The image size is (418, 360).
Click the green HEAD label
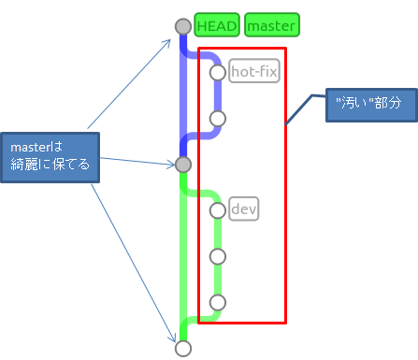pos(217,25)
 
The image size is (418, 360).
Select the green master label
pos(272,25)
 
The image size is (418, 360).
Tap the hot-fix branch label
pos(254,71)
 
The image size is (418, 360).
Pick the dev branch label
pos(243,209)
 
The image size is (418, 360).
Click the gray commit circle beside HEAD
pos(183,27)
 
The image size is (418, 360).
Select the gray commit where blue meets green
pos(183,165)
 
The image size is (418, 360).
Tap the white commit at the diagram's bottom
pos(183,348)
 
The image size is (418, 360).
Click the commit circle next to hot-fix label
pos(218,72)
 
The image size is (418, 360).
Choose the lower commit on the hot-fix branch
pos(218,118)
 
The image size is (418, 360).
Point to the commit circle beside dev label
pos(218,210)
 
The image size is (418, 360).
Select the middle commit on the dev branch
pos(218,255)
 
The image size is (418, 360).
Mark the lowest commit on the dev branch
pos(218,302)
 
